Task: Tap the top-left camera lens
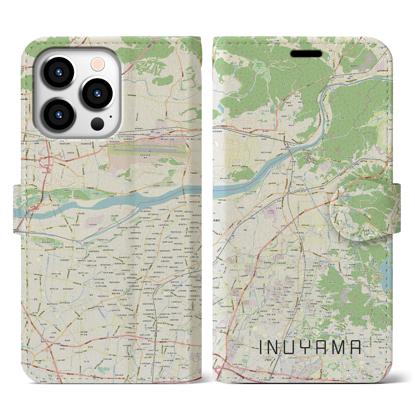(59, 73)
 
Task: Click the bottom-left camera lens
(59, 115)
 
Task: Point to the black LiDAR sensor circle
(97, 124)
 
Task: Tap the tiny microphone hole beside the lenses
(111, 116)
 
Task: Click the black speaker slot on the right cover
(306, 54)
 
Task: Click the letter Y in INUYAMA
(309, 347)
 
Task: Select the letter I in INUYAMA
(261, 347)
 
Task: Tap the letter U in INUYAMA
(292, 347)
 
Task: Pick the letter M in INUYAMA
(339, 347)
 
